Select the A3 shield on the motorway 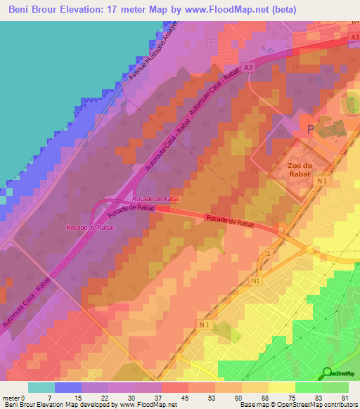[248, 67]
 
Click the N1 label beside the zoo [321, 181]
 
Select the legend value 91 [344, 397]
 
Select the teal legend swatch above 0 [41, 387]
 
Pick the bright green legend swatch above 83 [308, 387]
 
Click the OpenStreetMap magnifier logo [327, 373]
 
